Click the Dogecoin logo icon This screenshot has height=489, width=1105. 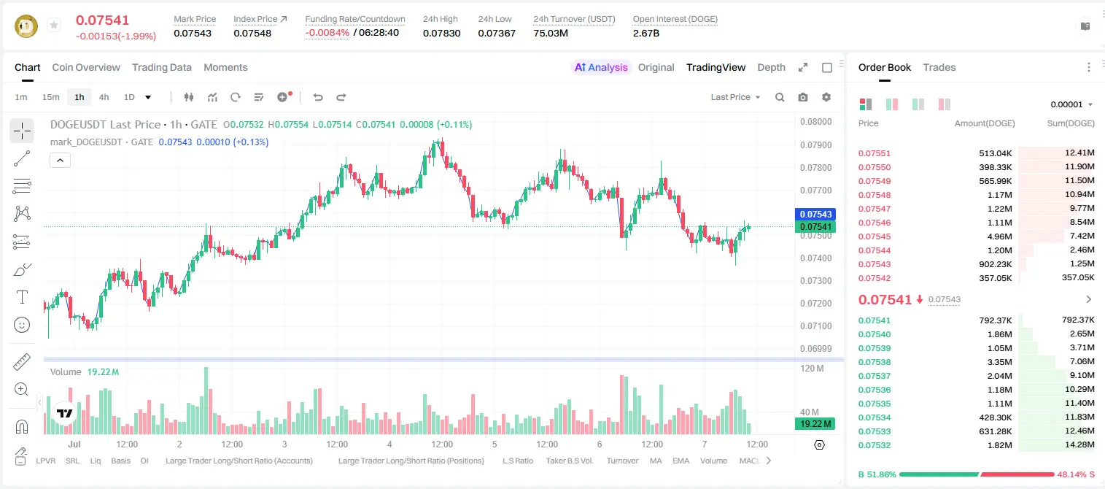pyautogui.click(x=26, y=26)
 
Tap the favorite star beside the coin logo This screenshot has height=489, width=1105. pyautogui.click(x=54, y=25)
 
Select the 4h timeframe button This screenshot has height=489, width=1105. pyautogui.click(x=104, y=97)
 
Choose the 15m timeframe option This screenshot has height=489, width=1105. pyautogui.click(x=51, y=97)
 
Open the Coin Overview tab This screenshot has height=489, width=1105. pyautogui.click(x=86, y=67)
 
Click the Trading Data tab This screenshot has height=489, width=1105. pyautogui.click(x=162, y=67)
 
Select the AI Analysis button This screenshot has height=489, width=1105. pyautogui.click(x=601, y=67)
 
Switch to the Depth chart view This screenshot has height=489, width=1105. pyautogui.click(x=771, y=67)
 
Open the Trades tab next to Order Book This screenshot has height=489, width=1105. pyautogui.click(x=939, y=67)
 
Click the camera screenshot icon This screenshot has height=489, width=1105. pyautogui.click(x=803, y=97)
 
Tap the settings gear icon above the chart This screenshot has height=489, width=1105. pyautogui.click(x=826, y=97)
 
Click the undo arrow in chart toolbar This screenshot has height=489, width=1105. pyautogui.click(x=318, y=97)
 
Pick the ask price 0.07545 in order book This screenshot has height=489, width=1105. pyautogui.click(x=874, y=236)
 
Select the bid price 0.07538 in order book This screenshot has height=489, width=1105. pyautogui.click(x=874, y=362)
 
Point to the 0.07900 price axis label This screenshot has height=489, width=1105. pyautogui.click(x=816, y=145)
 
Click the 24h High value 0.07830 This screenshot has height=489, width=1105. pyautogui.click(x=441, y=33)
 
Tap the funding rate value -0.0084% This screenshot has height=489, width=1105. pyautogui.click(x=327, y=33)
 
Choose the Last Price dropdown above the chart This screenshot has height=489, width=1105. pyautogui.click(x=735, y=97)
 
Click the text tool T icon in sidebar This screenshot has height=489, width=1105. pyautogui.click(x=22, y=297)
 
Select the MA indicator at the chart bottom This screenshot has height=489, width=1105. pyautogui.click(x=656, y=461)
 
